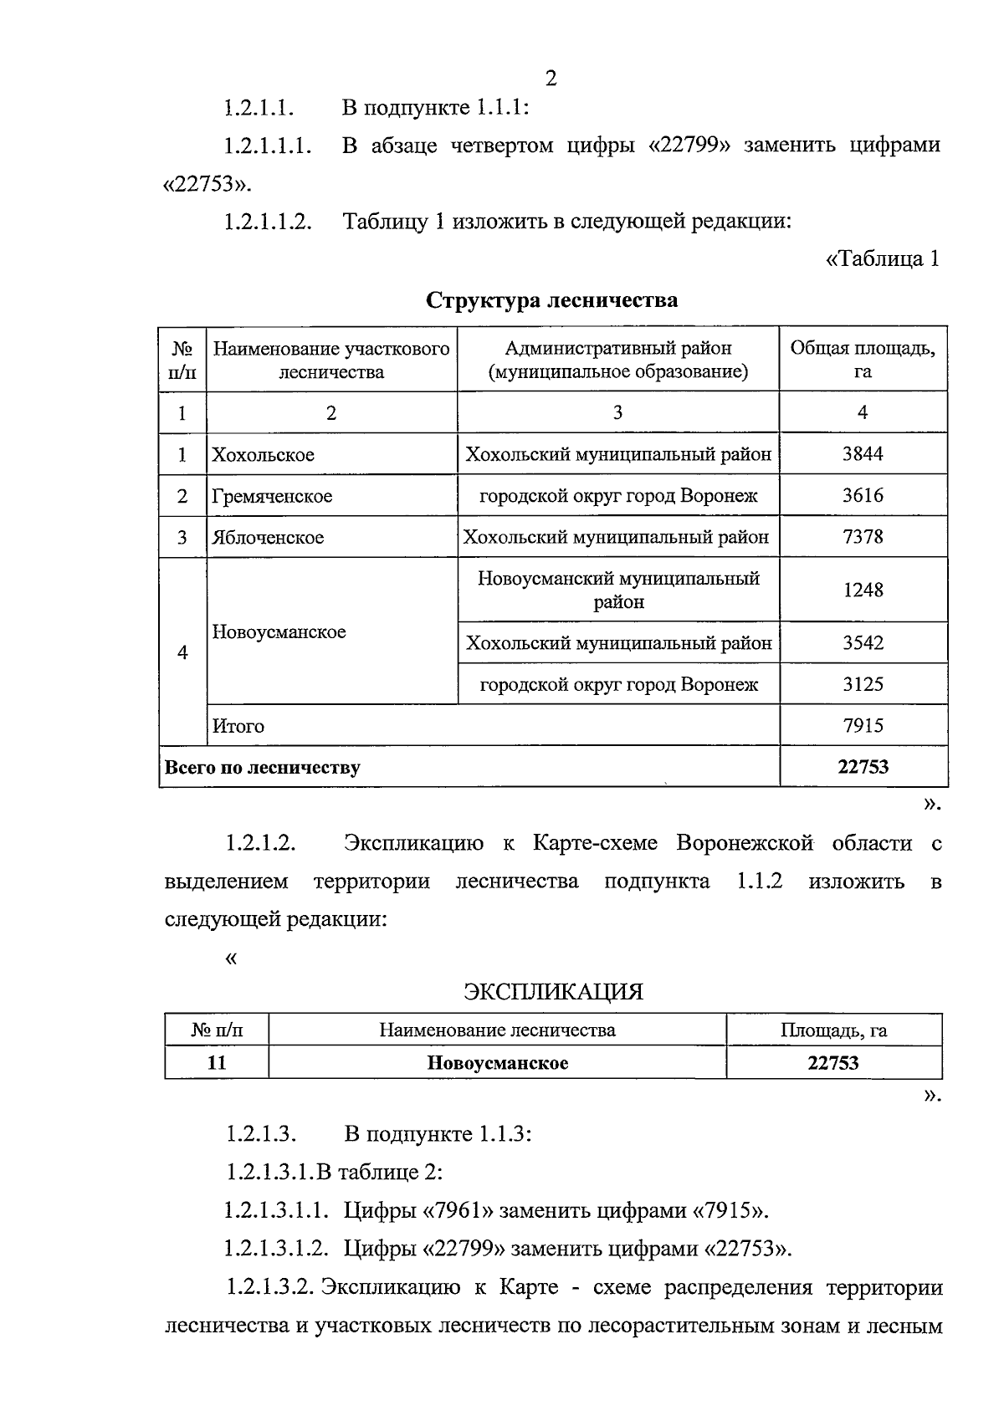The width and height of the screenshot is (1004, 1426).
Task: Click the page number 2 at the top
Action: (x=551, y=79)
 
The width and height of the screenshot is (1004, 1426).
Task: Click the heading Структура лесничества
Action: (x=551, y=300)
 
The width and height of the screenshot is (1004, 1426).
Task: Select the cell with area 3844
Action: (x=863, y=454)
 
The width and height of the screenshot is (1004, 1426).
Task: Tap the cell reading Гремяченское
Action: (x=272, y=496)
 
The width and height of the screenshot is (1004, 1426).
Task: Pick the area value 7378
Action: (x=863, y=537)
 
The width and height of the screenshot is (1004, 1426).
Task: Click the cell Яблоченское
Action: (x=268, y=538)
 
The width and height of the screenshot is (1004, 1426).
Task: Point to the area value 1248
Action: (x=863, y=590)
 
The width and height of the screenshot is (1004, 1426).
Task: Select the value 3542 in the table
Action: (x=863, y=643)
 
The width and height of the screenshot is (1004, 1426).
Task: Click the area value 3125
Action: (x=863, y=684)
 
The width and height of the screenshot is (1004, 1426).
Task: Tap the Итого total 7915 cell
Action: (x=863, y=726)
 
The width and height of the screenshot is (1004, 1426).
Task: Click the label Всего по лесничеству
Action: (x=263, y=767)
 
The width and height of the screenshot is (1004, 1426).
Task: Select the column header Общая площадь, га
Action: (x=863, y=359)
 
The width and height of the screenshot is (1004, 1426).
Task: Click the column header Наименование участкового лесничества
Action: (x=331, y=360)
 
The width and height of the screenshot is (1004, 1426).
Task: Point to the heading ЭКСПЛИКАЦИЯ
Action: (x=553, y=992)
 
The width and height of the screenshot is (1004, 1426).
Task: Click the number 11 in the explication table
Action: (x=216, y=1063)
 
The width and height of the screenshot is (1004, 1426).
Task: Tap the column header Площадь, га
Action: (x=833, y=1030)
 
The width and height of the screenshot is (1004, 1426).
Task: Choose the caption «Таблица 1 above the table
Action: (x=882, y=259)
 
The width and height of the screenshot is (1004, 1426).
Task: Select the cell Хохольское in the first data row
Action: (x=264, y=455)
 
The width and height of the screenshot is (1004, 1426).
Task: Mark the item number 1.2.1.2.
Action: (x=260, y=843)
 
